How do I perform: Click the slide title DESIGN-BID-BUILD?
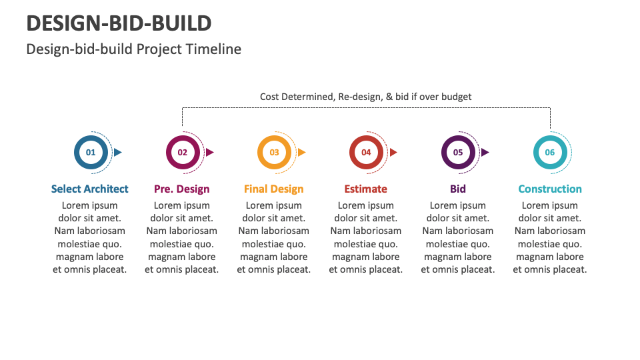pos(119,23)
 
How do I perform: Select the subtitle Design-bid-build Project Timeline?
pos(133,49)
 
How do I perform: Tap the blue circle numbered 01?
pos(91,152)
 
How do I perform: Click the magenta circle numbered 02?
pos(182,152)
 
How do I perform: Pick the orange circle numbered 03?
pos(274,152)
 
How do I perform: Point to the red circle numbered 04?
pos(366,152)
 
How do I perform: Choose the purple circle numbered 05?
pos(458,152)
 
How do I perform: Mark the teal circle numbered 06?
pos(550,152)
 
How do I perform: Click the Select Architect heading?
pos(90,189)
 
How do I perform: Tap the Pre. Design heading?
pos(182,189)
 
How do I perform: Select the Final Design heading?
pos(274,189)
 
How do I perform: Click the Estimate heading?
pos(366,189)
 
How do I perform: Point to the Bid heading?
pos(458,189)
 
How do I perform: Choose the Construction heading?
pos(550,189)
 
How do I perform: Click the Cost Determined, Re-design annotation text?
pos(365,97)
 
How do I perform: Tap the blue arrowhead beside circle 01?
pos(118,152)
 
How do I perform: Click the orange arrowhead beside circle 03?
pos(301,152)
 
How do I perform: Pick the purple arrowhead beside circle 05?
pos(485,152)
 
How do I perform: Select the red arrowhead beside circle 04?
pos(393,152)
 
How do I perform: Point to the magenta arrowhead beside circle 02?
pos(209,152)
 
